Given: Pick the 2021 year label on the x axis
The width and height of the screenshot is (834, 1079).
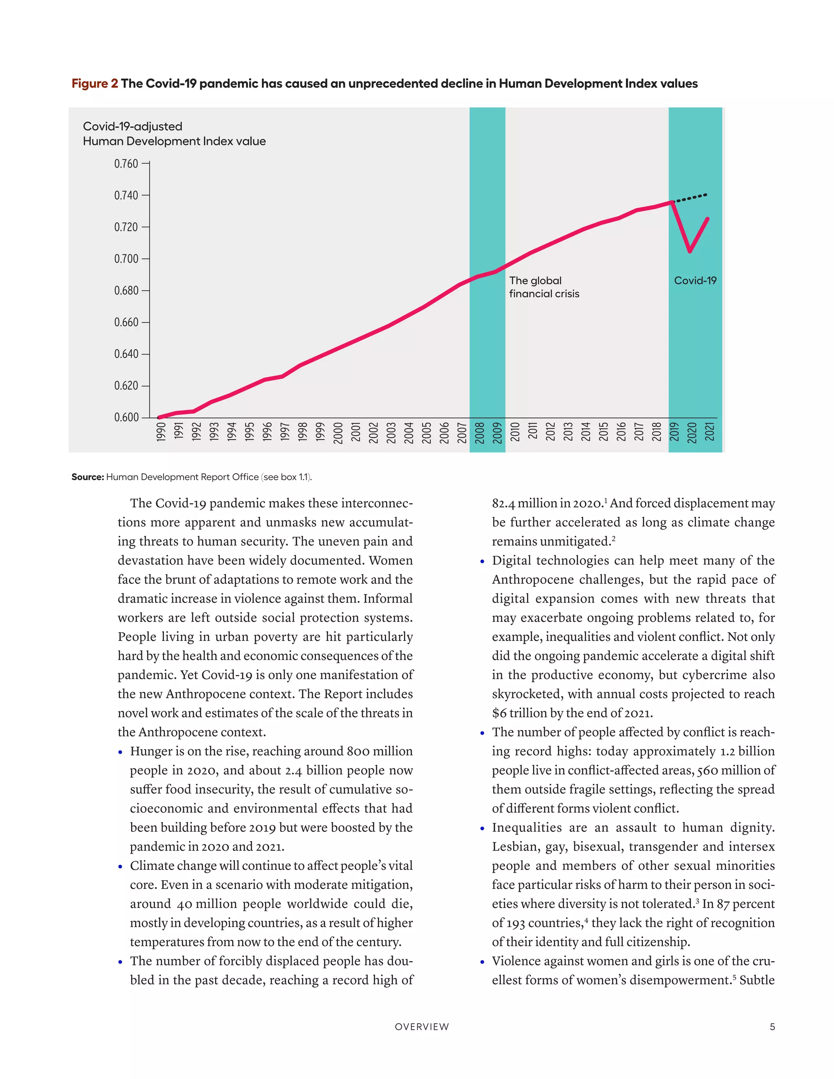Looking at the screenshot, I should (x=709, y=432).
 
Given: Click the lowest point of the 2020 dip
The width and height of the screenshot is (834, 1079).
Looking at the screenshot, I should (x=690, y=251).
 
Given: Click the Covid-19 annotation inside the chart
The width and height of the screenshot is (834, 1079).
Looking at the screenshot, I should (x=695, y=281).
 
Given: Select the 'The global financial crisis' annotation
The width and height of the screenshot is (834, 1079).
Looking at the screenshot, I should (x=544, y=287).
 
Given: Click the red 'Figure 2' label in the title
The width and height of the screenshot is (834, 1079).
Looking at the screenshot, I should (x=95, y=83).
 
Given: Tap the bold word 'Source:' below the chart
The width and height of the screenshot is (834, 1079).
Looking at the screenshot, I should (x=88, y=477).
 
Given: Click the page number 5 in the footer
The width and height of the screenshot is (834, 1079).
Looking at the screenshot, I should (x=772, y=1026).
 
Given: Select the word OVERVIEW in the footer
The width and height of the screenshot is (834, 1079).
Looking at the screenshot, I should (x=422, y=1026).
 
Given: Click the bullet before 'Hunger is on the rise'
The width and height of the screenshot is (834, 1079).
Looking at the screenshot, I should (x=121, y=752).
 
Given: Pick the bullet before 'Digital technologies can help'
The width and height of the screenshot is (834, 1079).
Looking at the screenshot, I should (x=482, y=562).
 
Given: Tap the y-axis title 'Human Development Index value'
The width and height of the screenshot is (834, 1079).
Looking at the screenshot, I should (x=174, y=141).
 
